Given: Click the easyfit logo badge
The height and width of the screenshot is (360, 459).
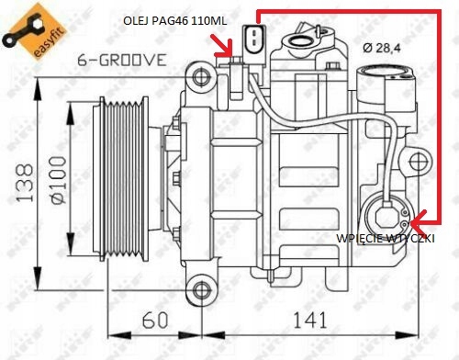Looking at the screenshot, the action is [x=34, y=32].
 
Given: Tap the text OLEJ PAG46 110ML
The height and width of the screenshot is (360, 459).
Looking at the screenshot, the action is [x=175, y=21].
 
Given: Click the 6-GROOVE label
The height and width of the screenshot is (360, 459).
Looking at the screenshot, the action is [x=122, y=60].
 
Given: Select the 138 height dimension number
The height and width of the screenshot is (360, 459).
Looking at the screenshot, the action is [x=25, y=183].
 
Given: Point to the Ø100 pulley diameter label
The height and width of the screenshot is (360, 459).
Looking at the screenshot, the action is [x=58, y=180].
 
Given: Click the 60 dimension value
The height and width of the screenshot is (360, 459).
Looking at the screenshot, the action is [x=155, y=320].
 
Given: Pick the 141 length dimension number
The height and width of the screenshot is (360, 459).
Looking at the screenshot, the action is [x=310, y=320].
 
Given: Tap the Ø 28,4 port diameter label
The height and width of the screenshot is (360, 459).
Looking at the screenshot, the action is [x=382, y=48].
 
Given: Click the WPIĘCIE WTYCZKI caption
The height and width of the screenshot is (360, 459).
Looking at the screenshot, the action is [x=386, y=238].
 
